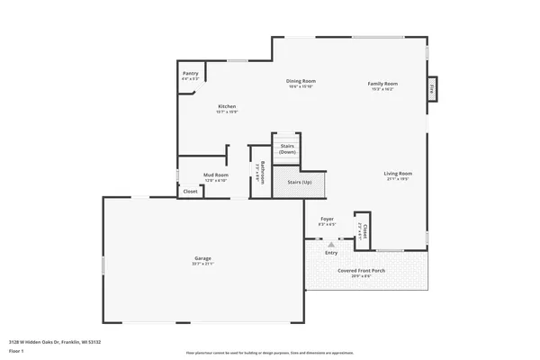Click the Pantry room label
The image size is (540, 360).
click(190, 73)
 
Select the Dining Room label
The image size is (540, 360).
click(301, 81)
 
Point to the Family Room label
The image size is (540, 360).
click(382, 84)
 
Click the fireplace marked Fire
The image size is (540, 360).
click(432, 88)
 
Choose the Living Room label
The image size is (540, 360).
click(398, 173)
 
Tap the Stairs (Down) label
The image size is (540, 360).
click(287, 148)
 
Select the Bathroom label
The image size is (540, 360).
click(262, 171)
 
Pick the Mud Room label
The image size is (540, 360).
click(215, 175)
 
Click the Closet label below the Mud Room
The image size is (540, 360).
click(190, 191)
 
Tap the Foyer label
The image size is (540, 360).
click(327, 219)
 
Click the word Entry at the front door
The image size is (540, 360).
click(331, 252)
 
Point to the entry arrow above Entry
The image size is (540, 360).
click(331, 244)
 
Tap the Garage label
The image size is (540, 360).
click(202, 258)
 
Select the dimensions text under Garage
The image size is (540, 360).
click(202, 265)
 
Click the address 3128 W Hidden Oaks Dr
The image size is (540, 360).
click(54, 342)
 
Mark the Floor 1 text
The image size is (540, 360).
click(16, 350)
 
